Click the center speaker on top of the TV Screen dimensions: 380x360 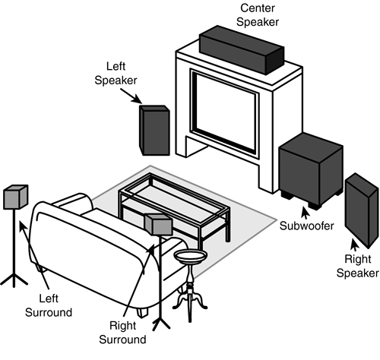point(242,50)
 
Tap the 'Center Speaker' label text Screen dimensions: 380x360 point(258,15)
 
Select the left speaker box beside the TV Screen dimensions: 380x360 point(154,130)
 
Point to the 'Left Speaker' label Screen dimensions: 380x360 point(116,74)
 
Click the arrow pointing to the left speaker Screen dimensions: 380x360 point(131,96)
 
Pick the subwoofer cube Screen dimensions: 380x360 point(311,171)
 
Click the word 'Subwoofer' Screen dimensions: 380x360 point(306,226)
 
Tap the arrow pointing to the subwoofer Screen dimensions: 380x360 point(306,213)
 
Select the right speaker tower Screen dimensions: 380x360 point(362,210)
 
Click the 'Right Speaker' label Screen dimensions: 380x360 point(357,266)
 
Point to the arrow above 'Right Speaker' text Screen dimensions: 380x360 point(355,245)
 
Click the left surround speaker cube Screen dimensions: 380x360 point(16,197)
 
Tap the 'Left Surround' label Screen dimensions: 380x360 point(49,305)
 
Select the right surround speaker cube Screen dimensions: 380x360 point(159,225)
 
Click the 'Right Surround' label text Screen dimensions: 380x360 point(122,333)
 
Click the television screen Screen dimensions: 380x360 point(226,112)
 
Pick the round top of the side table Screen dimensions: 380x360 point(191,256)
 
